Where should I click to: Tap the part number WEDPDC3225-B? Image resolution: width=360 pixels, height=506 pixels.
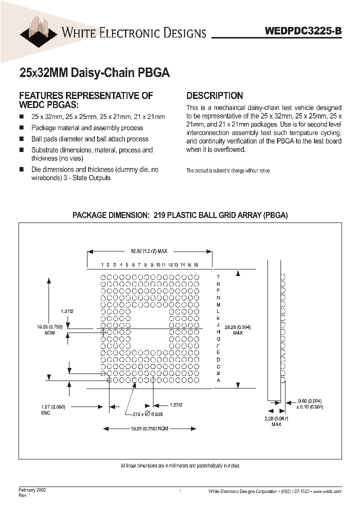303,30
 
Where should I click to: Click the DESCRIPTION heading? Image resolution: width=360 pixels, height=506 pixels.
214,95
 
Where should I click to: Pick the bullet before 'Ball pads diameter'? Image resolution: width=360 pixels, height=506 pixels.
21,139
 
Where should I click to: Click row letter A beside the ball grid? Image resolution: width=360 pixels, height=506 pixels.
218,380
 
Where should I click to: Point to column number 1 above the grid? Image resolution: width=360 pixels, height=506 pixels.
102,264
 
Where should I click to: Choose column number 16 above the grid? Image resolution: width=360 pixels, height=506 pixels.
196,264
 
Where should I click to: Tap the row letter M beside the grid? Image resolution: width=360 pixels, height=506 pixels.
218,304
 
